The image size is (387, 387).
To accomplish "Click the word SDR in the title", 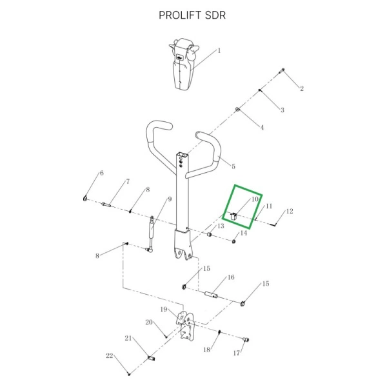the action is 215,15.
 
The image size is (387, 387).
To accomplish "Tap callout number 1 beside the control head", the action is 219,50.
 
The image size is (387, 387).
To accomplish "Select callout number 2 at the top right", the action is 302,88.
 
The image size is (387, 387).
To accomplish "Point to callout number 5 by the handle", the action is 233,166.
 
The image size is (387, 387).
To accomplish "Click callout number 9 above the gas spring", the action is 170,199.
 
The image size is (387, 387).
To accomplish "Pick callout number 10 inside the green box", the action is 255,199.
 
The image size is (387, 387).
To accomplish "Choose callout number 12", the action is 290,212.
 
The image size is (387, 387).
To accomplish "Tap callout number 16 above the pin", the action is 231,277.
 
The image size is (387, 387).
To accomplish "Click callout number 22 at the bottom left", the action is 110,355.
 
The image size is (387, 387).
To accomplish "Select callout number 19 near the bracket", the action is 164,310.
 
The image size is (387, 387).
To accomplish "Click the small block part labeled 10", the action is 233,217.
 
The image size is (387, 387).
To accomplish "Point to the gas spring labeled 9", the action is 151,234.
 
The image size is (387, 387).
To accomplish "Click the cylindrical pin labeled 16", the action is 212,294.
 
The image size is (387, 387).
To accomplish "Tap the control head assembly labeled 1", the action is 184,64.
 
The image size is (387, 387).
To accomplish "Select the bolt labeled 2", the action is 282,71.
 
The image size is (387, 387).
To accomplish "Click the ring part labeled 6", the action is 85,198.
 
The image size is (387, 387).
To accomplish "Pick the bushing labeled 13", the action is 209,234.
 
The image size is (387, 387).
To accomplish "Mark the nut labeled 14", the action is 233,241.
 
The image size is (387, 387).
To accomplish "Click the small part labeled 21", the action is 151,358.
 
